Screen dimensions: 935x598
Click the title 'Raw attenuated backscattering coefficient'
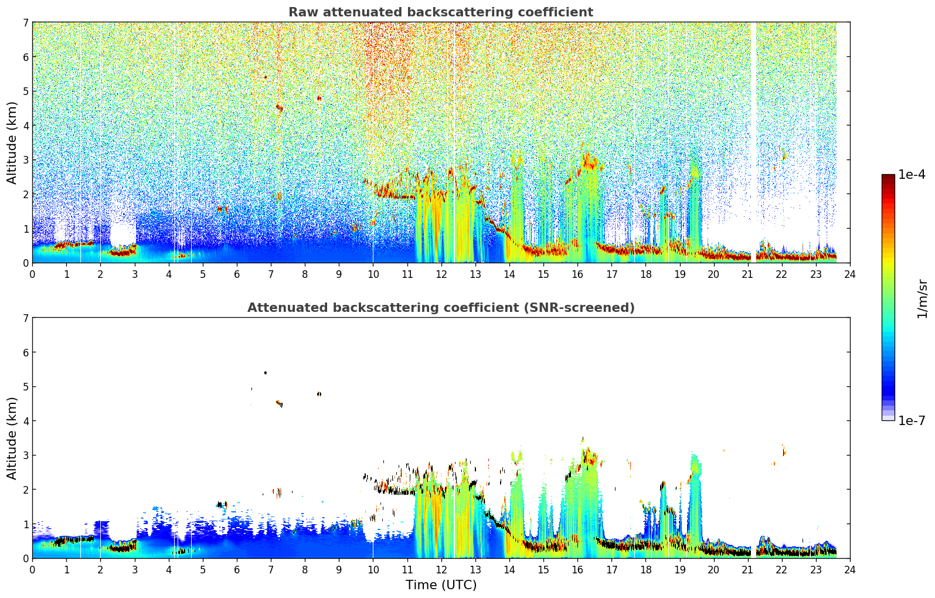441,12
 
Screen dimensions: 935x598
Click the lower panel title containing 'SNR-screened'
441,307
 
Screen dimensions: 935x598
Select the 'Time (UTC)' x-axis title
441,585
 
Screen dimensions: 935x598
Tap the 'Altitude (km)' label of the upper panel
12,142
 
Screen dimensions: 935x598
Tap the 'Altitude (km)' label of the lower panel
12,438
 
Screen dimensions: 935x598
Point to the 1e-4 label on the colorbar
912,175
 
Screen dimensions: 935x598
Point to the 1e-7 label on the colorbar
912,420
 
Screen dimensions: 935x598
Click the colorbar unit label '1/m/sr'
922,299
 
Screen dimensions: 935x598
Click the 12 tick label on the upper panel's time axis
441,274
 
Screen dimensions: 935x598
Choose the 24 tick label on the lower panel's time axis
850,570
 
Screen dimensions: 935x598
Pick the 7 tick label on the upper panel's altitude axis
26,22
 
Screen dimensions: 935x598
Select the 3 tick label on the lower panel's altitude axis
26,455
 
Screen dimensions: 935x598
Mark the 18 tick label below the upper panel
646,274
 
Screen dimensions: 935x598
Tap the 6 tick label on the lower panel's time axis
237,570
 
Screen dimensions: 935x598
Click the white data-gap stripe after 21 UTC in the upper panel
753,142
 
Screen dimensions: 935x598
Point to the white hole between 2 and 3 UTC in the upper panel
123,235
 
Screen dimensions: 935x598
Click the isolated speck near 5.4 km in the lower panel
266,372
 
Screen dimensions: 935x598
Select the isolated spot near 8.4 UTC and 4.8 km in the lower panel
319,394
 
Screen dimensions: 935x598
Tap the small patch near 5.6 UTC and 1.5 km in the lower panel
222,505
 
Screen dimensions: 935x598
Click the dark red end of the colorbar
888,177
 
